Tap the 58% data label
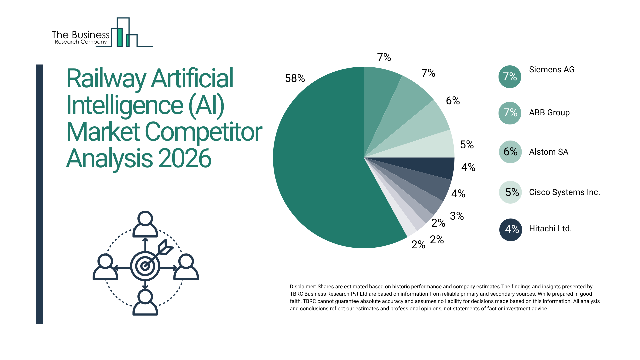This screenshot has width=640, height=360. point(295,78)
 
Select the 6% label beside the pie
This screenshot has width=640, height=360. point(453,101)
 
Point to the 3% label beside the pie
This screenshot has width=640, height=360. point(457,216)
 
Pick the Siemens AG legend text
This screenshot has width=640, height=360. point(552,70)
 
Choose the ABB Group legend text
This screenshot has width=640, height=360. point(549,113)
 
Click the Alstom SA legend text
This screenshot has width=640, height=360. point(549,152)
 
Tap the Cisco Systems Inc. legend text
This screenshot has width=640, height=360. point(564,192)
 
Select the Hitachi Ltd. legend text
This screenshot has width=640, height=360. point(550,229)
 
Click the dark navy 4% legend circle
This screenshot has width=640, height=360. point(510,229)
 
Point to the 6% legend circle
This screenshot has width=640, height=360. point(510,152)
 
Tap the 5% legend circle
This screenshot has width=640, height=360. point(510,192)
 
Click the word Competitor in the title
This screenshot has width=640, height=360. point(203,132)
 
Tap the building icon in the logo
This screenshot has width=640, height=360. point(123,33)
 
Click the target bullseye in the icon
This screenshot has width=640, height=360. point(145,266)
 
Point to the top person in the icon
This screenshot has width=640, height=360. point(145,224)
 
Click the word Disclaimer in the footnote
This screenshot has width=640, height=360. point(302,287)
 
